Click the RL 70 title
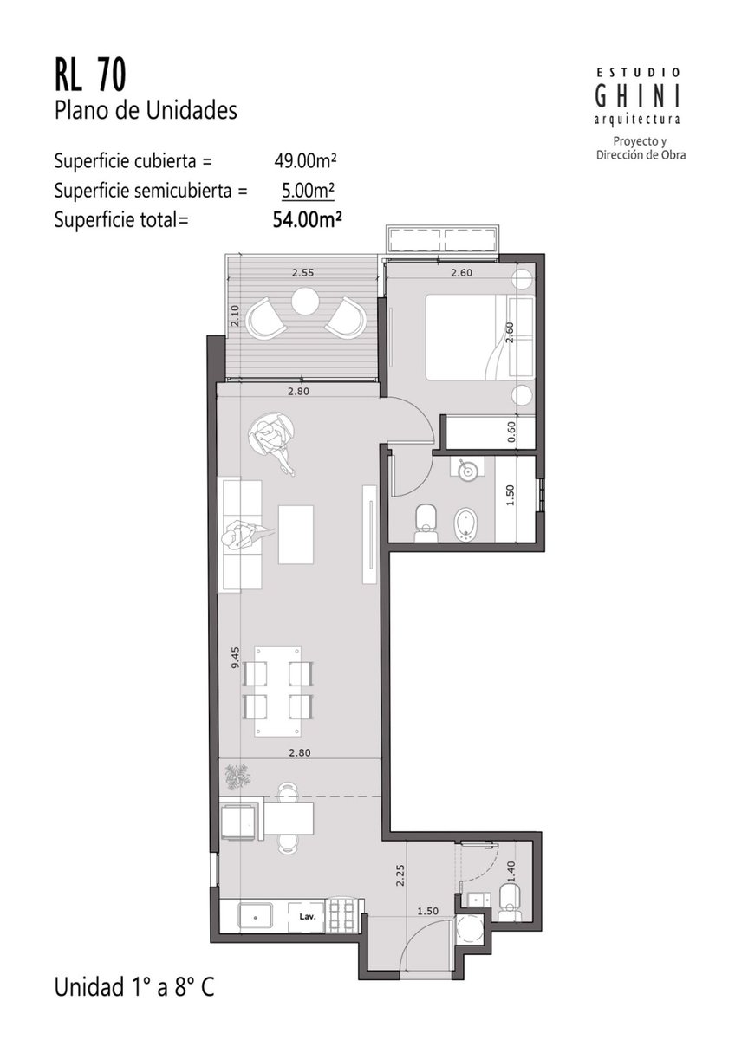[90, 76]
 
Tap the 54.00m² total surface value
[308, 219]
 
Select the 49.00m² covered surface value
[305, 160]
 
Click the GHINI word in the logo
[638, 96]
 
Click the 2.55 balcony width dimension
[302, 273]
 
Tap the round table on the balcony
[305, 302]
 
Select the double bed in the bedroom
[480, 337]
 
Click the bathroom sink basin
[466, 471]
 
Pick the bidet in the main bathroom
[465, 524]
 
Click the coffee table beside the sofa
[296, 535]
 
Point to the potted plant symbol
[238, 777]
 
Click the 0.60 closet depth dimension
[511, 432]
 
